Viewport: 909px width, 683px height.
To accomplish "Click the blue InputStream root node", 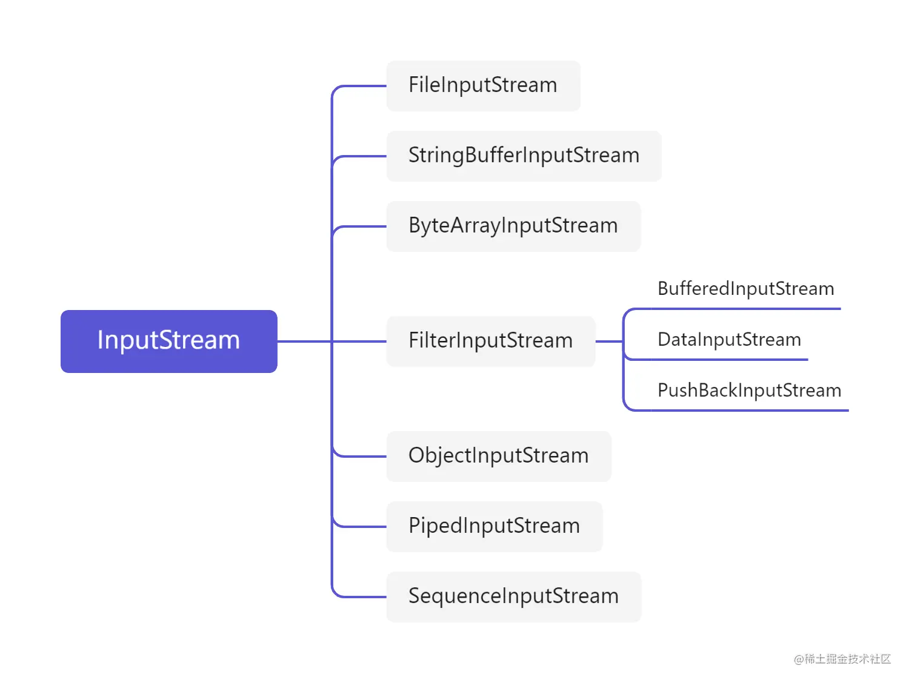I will [x=168, y=341].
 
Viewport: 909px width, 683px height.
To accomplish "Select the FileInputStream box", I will [x=483, y=85].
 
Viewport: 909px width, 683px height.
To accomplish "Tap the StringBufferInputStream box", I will [x=524, y=156].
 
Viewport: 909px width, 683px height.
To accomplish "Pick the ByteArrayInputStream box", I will [x=513, y=226].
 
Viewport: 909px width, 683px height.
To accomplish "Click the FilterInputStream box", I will [x=490, y=341].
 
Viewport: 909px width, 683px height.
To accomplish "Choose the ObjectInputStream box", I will [x=498, y=456].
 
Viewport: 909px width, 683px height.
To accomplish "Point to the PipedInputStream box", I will [x=494, y=526].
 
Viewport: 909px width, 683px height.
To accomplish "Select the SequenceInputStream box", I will [x=513, y=596].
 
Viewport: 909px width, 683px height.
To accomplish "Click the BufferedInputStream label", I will [x=745, y=289].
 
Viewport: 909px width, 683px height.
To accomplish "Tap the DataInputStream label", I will [x=729, y=340].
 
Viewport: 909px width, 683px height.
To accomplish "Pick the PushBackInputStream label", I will [x=749, y=391].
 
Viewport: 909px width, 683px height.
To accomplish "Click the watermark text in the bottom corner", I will [x=842, y=659].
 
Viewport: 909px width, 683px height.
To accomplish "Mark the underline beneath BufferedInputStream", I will [x=745, y=309].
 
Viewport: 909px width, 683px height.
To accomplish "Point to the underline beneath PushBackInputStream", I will [x=749, y=411].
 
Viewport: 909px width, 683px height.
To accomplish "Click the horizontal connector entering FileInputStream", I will [x=364, y=86].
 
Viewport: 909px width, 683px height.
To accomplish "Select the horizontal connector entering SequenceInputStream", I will [x=364, y=597].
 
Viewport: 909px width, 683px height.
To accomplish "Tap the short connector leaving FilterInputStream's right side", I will [x=609, y=342].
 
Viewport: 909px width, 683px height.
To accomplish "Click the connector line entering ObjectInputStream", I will [x=364, y=457].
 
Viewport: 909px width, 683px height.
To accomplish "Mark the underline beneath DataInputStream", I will [x=729, y=360].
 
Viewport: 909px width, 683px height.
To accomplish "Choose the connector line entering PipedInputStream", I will [x=364, y=527].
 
